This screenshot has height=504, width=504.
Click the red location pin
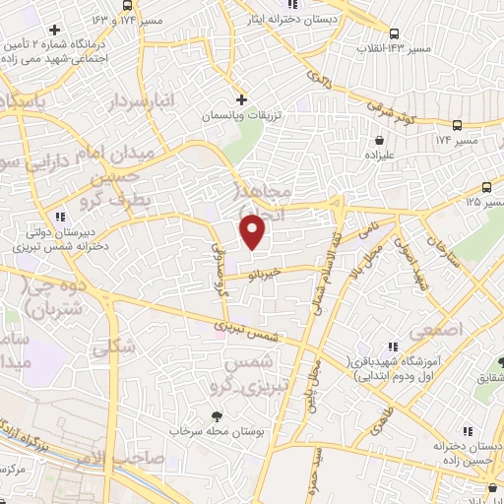coord(253,231)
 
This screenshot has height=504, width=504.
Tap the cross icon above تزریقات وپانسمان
coord(242,99)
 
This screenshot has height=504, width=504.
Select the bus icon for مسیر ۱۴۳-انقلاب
coord(395,31)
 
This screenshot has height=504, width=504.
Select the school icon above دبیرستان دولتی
coord(60,216)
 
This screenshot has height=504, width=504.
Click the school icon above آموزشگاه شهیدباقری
coord(394,346)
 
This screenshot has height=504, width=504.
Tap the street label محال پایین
coord(314,378)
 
